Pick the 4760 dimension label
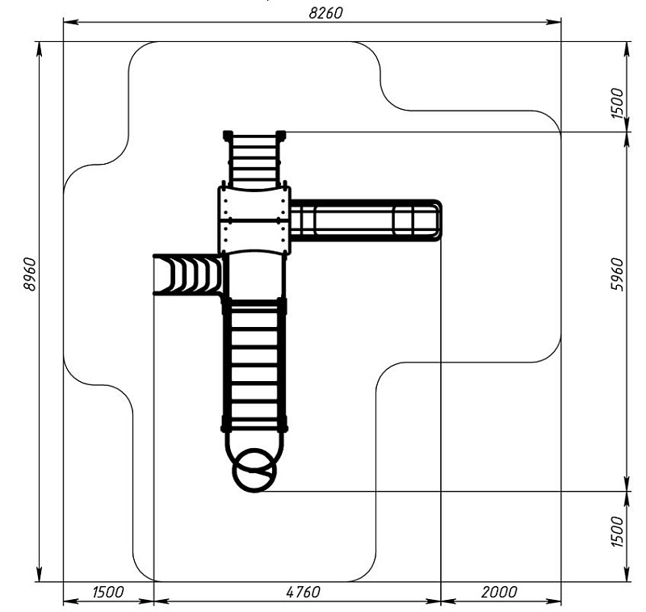[297, 592]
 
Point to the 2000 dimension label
[500, 592]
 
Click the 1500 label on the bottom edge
[107, 592]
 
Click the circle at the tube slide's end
[254, 471]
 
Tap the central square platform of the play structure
[254, 220]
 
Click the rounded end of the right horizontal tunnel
[436, 220]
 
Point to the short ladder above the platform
[254, 160]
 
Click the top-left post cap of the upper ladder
[227, 134]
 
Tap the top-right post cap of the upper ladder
[281, 134]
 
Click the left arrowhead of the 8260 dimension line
[69, 22]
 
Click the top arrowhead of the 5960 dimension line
[628, 136]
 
